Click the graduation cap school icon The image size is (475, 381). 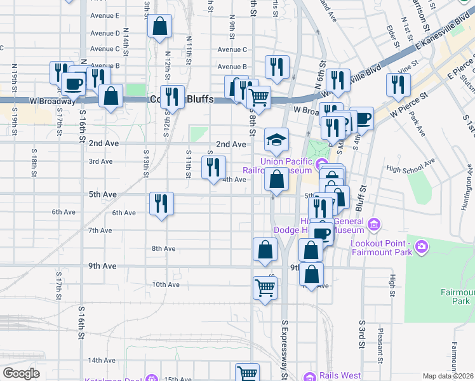[276, 140]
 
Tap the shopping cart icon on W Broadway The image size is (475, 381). [258, 97]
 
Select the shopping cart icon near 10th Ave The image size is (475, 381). [265, 287]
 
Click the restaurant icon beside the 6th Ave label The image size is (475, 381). [161, 203]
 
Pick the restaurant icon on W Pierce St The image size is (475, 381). [398, 84]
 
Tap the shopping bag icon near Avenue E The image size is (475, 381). [159, 27]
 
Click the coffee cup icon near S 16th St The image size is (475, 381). [73, 83]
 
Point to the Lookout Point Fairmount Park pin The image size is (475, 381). [420, 246]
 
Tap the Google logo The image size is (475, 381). [21, 373]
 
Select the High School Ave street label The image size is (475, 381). [410, 170]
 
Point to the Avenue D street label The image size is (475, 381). [105, 33]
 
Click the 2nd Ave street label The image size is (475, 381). [231, 144]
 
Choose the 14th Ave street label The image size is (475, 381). [102, 360]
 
